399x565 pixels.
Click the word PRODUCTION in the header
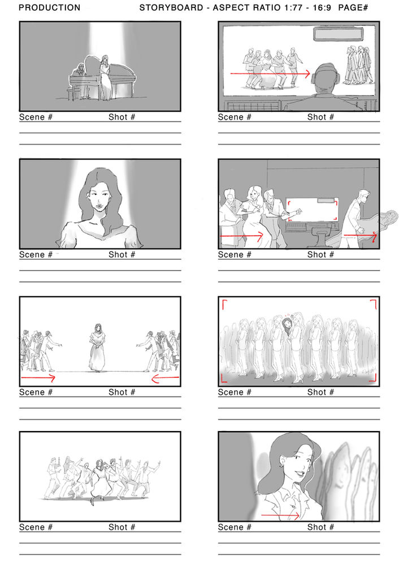tap(50, 8)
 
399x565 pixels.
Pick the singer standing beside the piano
tap(105, 76)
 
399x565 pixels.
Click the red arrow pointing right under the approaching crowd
tap(38, 377)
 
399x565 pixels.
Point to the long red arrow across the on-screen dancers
tap(270, 73)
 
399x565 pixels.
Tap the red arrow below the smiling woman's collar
tap(281, 515)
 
